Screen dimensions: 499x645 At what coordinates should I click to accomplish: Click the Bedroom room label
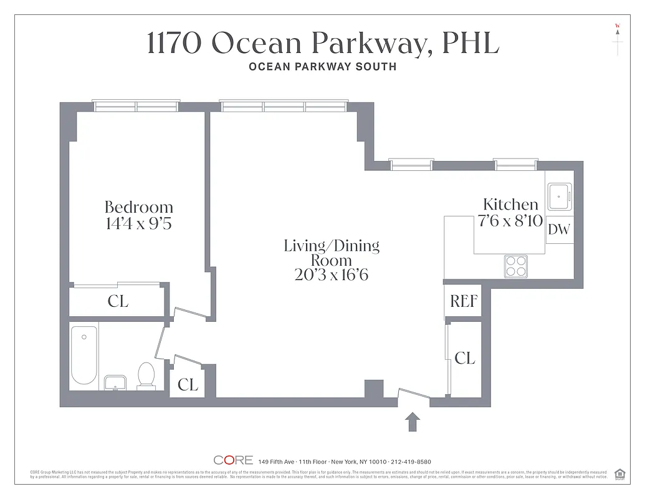point(138,207)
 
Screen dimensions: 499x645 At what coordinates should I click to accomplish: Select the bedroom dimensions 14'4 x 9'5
point(138,223)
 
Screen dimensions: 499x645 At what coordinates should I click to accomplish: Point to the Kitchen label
point(510,204)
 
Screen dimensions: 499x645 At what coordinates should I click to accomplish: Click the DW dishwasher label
point(559,230)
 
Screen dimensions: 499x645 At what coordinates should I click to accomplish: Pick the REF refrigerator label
point(464,302)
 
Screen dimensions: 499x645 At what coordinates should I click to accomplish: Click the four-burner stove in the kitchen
point(515,266)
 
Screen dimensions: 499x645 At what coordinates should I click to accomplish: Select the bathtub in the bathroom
point(84,356)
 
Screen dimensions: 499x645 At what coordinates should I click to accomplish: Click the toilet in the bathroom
point(146,376)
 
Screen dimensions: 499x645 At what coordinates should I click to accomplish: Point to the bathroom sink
point(115,382)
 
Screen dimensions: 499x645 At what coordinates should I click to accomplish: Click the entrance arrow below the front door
point(413,422)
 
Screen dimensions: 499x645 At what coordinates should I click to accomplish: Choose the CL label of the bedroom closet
point(118,302)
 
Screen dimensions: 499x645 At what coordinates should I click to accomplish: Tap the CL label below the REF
point(465,358)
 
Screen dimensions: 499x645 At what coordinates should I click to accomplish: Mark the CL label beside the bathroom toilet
point(188,385)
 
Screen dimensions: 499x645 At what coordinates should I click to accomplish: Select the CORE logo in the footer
point(233,460)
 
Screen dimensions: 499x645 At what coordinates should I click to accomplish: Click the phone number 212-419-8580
point(409,462)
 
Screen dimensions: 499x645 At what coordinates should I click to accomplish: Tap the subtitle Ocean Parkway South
point(322,67)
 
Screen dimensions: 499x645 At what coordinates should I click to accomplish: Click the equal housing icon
point(619,473)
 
